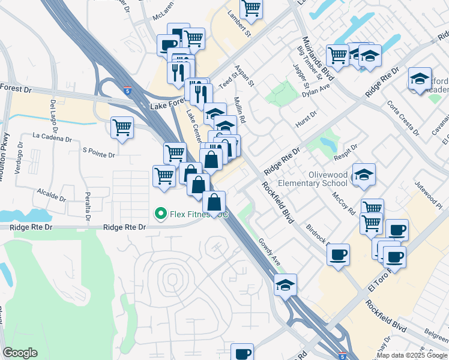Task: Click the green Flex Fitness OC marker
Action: tap(160, 213)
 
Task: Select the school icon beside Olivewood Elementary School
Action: tap(364, 175)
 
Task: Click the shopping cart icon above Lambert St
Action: tap(251, 8)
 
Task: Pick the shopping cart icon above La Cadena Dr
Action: tap(122, 128)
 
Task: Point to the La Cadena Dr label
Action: tap(52, 137)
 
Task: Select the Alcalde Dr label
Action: tap(51, 196)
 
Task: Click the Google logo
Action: tap(20, 353)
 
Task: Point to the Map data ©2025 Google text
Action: tap(412, 355)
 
